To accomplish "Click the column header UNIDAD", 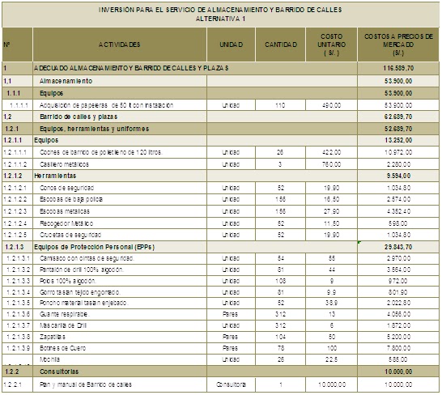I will coord(232,44).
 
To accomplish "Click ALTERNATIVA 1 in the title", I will coord(220,19).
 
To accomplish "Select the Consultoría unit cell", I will coord(231,385).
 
